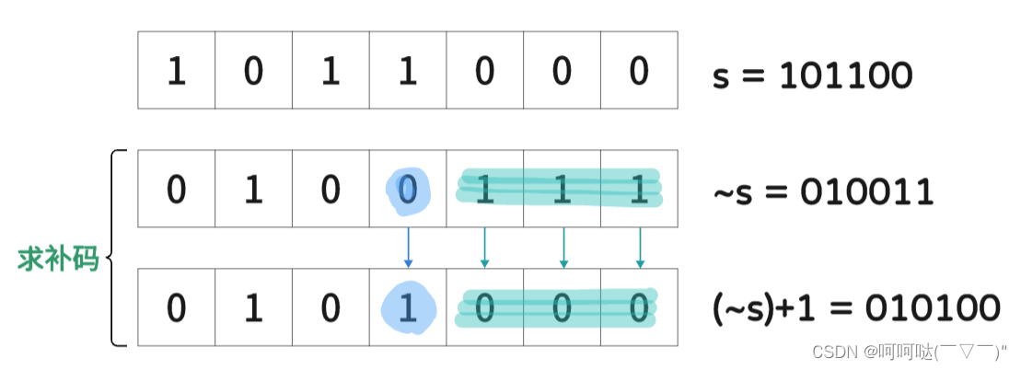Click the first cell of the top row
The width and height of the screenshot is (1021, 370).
[x=177, y=71]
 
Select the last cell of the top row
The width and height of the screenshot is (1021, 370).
[x=639, y=71]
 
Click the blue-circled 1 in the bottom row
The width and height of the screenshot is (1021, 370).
[x=408, y=307]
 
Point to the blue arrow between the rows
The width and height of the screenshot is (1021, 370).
[x=408, y=248]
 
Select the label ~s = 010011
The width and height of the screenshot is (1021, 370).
[x=823, y=192]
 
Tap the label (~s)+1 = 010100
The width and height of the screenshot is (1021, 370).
[x=855, y=308]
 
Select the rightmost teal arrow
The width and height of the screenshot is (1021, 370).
[x=641, y=248]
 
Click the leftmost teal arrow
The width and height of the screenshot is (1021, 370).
[x=485, y=248]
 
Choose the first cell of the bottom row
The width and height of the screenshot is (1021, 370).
[x=177, y=307]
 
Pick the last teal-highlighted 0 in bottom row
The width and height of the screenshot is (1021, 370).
[x=639, y=307]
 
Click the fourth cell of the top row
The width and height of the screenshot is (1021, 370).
[x=408, y=71]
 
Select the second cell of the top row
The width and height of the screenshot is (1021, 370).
[x=254, y=71]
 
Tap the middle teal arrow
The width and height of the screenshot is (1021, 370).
[x=563, y=248]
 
